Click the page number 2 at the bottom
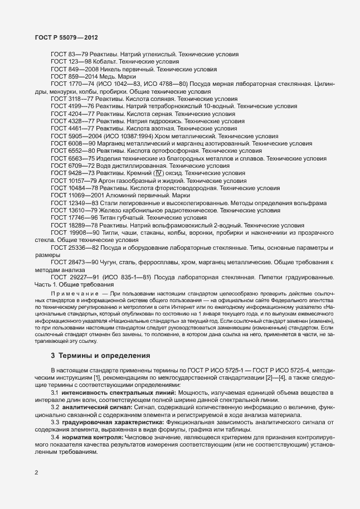coord(36,473)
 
